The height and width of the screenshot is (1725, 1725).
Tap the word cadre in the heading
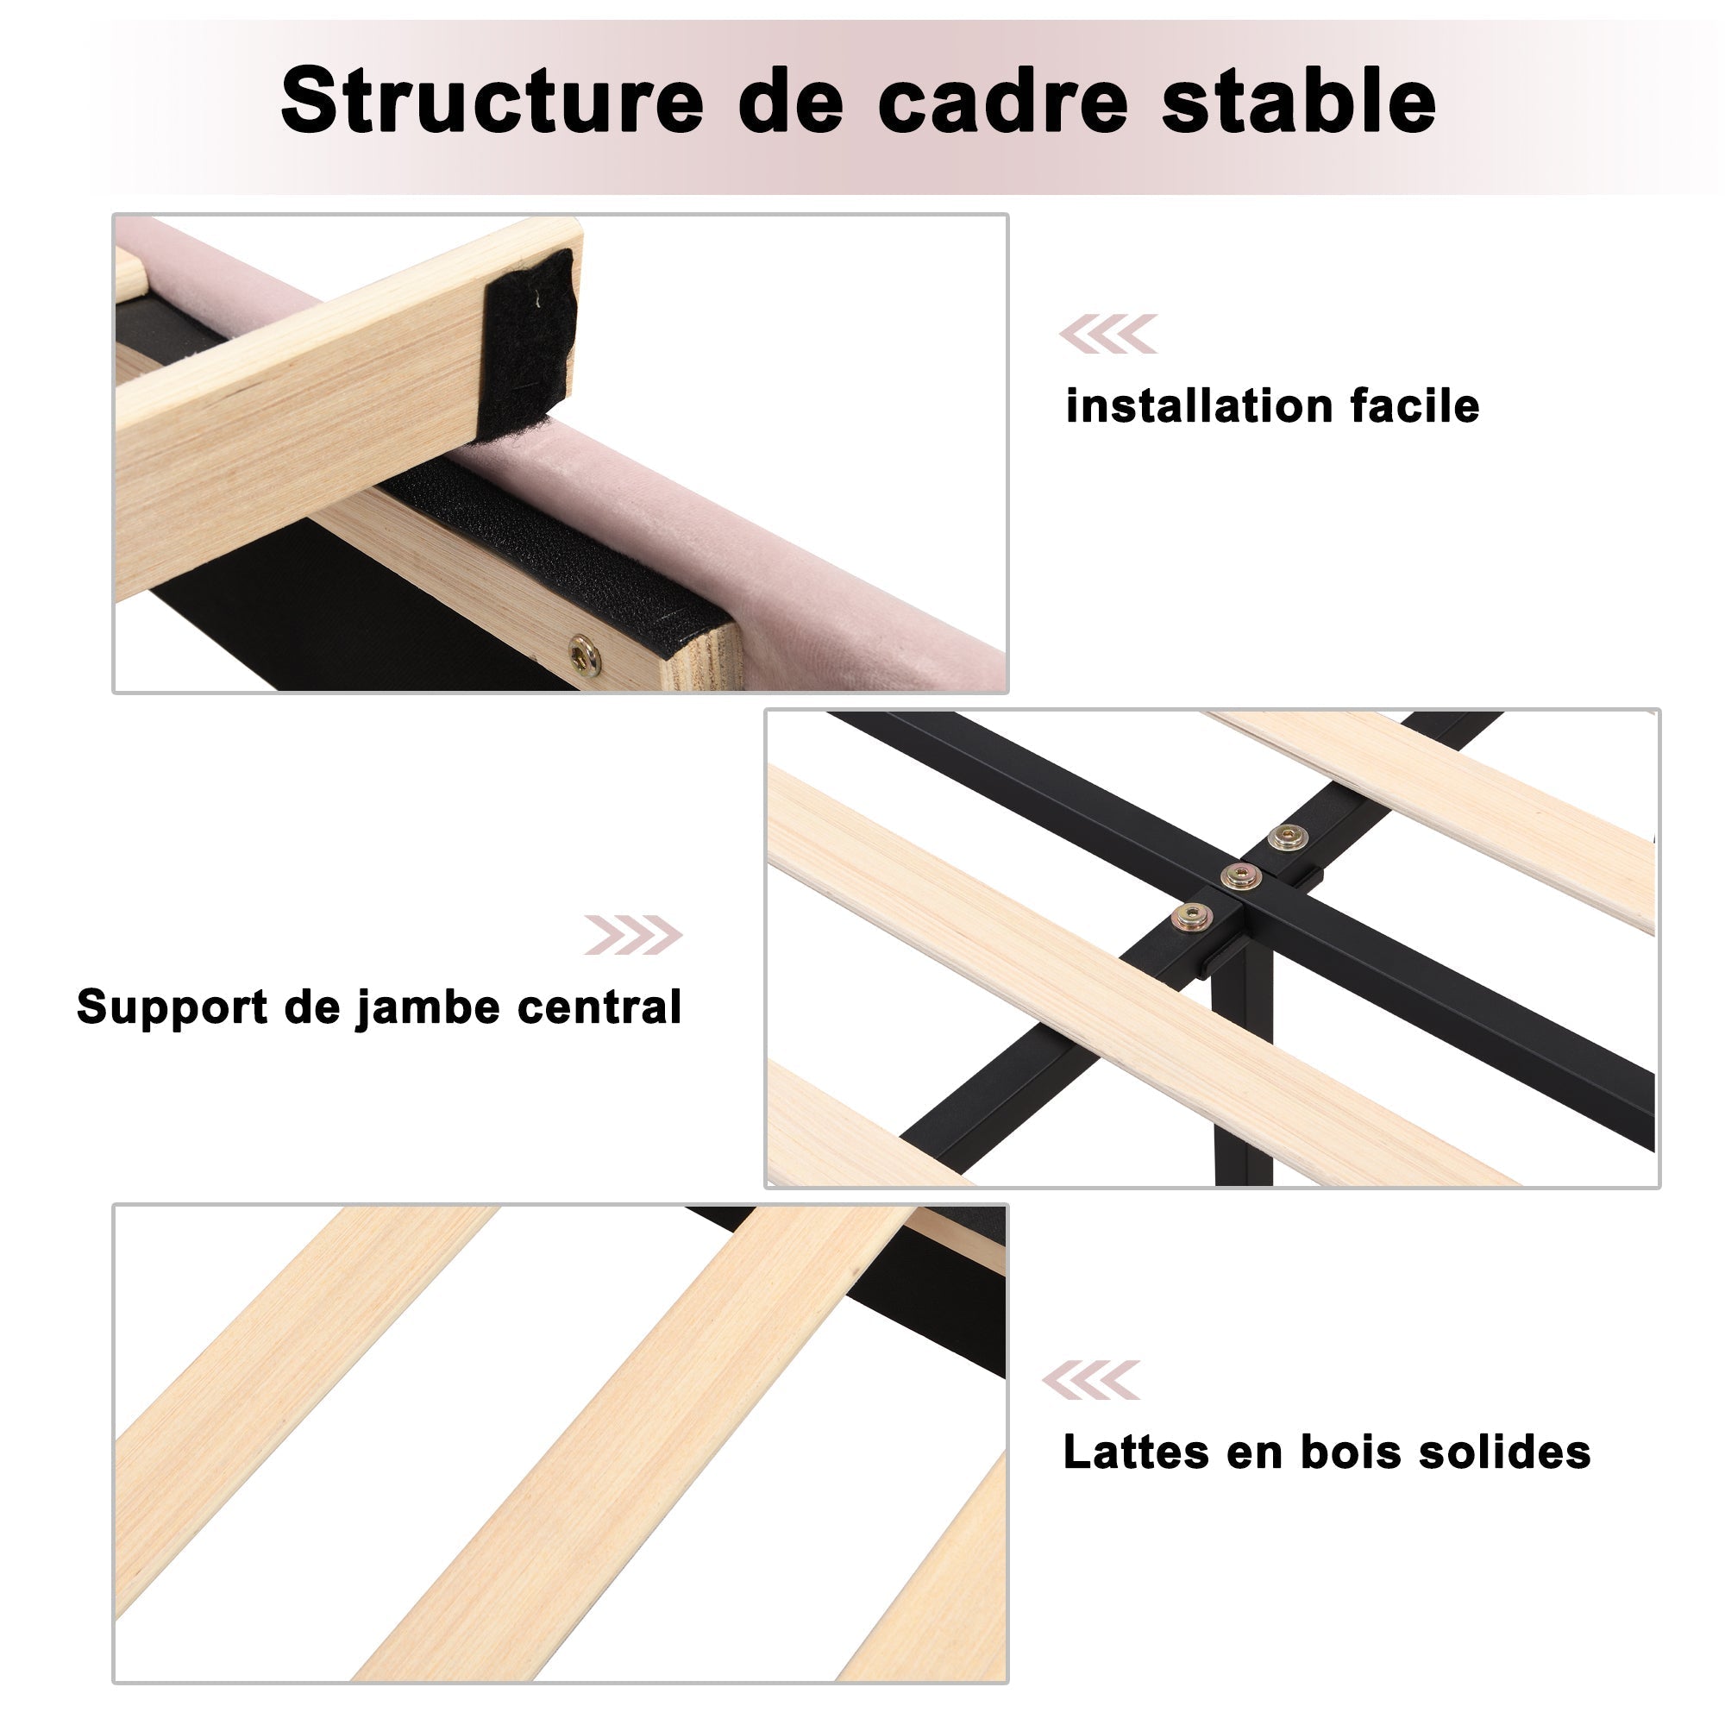point(1004,100)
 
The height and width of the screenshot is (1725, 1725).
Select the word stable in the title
point(1299,100)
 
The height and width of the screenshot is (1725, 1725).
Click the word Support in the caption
point(172,1007)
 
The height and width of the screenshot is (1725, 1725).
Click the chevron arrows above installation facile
point(1108,334)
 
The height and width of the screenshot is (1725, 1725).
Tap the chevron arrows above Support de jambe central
point(633,935)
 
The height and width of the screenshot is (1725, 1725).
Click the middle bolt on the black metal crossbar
point(1241,876)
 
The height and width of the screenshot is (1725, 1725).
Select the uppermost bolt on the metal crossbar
point(1287,837)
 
